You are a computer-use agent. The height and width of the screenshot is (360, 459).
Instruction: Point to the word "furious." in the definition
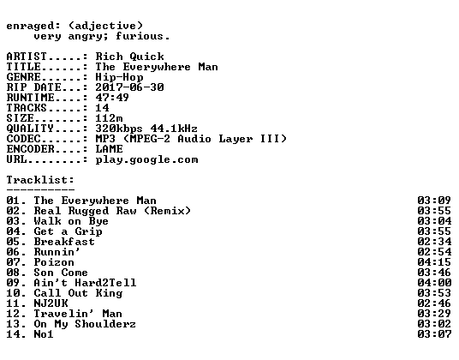(x=143, y=36)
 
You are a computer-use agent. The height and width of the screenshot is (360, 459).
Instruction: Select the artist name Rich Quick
(x=129, y=57)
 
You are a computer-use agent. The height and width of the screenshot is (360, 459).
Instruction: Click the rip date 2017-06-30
(x=129, y=87)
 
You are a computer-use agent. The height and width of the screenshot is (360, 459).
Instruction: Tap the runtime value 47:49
(x=112, y=98)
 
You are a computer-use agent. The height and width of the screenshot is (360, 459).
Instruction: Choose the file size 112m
(x=109, y=118)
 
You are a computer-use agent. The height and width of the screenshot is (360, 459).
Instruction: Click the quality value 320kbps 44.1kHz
(x=146, y=129)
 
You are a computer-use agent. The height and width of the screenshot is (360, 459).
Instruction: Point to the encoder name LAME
(x=109, y=149)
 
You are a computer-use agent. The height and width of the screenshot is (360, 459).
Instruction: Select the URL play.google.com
(x=146, y=160)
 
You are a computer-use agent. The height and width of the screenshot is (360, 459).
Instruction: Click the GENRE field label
(x=23, y=77)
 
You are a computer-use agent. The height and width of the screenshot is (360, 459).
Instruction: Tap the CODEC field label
(x=23, y=139)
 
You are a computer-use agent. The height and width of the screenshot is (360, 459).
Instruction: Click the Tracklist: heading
(x=40, y=180)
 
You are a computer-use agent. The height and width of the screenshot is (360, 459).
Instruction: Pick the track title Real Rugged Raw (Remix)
(x=112, y=211)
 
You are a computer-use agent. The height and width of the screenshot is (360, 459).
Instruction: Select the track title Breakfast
(x=64, y=242)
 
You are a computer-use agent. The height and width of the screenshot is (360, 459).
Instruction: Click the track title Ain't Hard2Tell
(x=85, y=283)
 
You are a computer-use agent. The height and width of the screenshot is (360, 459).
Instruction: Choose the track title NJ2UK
(x=51, y=303)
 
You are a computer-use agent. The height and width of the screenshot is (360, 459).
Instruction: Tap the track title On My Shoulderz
(x=85, y=324)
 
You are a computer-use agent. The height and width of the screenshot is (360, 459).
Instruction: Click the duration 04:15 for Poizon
(x=434, y=262)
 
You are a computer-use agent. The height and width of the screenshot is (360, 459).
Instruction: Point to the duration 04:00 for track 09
(x=434, y=283)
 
